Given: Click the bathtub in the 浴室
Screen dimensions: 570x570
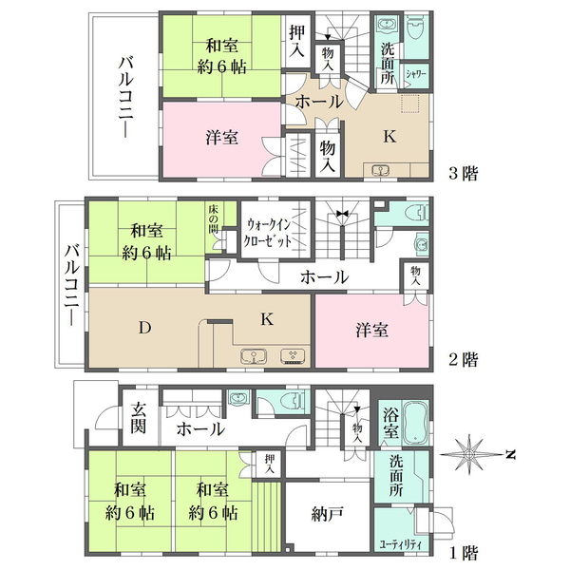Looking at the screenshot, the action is coord(416,422).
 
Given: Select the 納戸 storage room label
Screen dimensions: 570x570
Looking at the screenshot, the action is coord(327,514).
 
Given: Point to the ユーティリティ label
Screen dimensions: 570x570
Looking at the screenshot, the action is coord(401,544).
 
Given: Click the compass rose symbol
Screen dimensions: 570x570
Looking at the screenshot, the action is coord(468,454).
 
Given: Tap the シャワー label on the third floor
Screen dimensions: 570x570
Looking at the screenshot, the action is coord(416,74).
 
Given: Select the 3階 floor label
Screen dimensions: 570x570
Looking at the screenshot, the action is coord(463,174).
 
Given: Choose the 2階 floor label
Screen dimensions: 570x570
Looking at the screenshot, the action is coord(463,360).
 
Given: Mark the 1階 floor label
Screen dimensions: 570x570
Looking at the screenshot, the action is coord(463,553).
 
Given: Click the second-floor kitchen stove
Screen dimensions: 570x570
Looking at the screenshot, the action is coord(293,356).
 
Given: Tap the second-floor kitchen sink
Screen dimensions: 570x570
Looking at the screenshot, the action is coord(254,356).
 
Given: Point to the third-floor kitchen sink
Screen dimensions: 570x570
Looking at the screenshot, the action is coord(381,170).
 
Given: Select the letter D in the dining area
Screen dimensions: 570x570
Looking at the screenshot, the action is coord(144,328).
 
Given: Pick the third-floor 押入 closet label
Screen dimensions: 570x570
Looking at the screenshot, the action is coord(296,41).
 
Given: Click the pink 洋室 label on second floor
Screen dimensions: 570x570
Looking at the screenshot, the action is coord(371,330).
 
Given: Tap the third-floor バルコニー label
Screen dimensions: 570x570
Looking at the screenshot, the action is coord(126,98).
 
